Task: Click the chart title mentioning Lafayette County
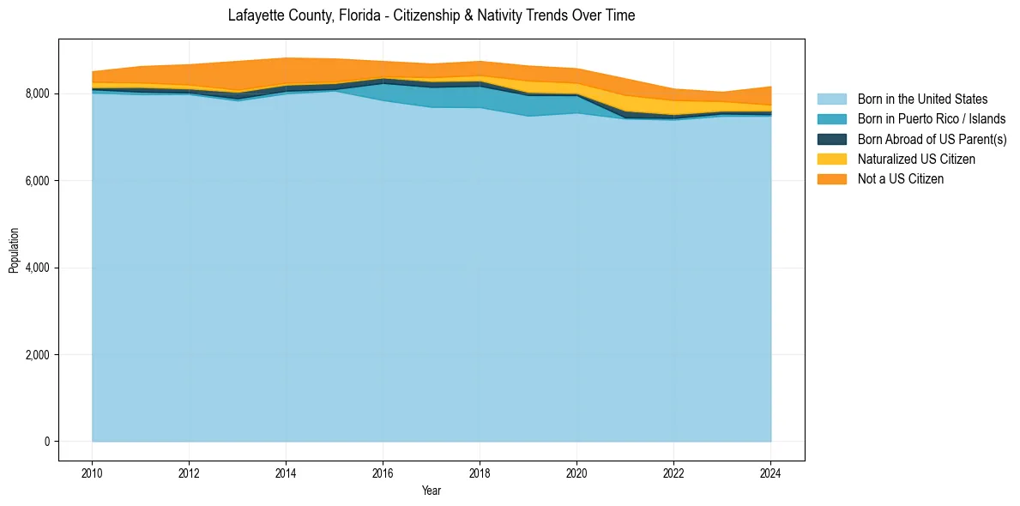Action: click(x=432, y=15)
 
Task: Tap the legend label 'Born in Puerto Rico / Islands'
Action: click(x=932, y=119)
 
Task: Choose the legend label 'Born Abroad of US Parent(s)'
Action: click(x=932, y=139)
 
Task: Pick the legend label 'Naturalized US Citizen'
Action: click(x=916, y=160)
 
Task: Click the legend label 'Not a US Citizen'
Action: click(x=901, y=179)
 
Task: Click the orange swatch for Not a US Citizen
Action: click(x=831, y=179)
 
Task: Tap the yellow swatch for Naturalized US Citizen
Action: click(x=831, y=160)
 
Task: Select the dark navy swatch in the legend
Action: click(x=831, y=139)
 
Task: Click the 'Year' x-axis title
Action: click(x=432, y=491)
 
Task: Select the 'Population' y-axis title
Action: click(x=14, y=250)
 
